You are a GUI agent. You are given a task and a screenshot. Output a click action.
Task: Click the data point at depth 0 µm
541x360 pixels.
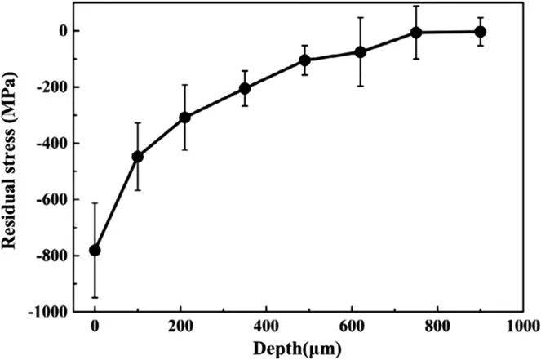(x=95, y=250)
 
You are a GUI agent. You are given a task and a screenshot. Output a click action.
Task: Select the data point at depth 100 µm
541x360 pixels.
(x=137, y=156)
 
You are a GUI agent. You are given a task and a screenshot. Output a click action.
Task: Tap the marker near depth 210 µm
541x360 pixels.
(x=184, y=118)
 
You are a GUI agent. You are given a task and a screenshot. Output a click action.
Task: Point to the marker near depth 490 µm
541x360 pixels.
(x=304, y=60)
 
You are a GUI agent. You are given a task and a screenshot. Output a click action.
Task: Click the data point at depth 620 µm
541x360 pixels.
(x=360, y=51)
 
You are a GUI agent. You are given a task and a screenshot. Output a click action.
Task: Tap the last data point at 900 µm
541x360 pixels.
(x=480, y=32)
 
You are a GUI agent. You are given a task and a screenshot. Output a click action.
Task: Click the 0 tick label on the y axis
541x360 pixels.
(x=74, y=31)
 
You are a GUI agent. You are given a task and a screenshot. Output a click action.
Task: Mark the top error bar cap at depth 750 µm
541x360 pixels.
(x=416, y=6)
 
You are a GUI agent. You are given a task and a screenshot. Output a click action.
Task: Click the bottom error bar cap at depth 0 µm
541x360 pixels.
(x=95, y=297)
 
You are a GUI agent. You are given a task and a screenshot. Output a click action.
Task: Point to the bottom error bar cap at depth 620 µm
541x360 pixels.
(x=360, y=86)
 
